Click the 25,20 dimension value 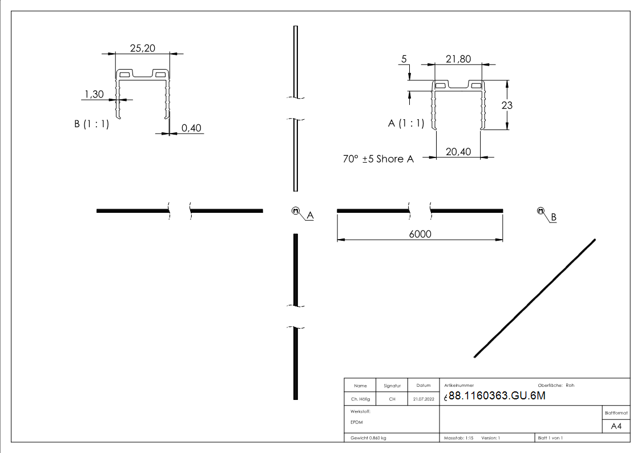pos(142,48)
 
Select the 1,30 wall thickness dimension pos(95,94)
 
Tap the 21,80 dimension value pos(458,59)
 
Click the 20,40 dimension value pos(458,152)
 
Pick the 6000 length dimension pos(420,234)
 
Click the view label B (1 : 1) pos(91,124)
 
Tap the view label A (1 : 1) pos(406,123)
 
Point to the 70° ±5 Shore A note pos(378,159)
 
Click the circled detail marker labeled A pos(296,211)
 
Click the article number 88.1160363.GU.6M pos(497,397)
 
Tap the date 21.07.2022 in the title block pos(423,399)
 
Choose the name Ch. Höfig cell pos(360,399)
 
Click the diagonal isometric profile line pos(535,298)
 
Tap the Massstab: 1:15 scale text pos(459,438)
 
